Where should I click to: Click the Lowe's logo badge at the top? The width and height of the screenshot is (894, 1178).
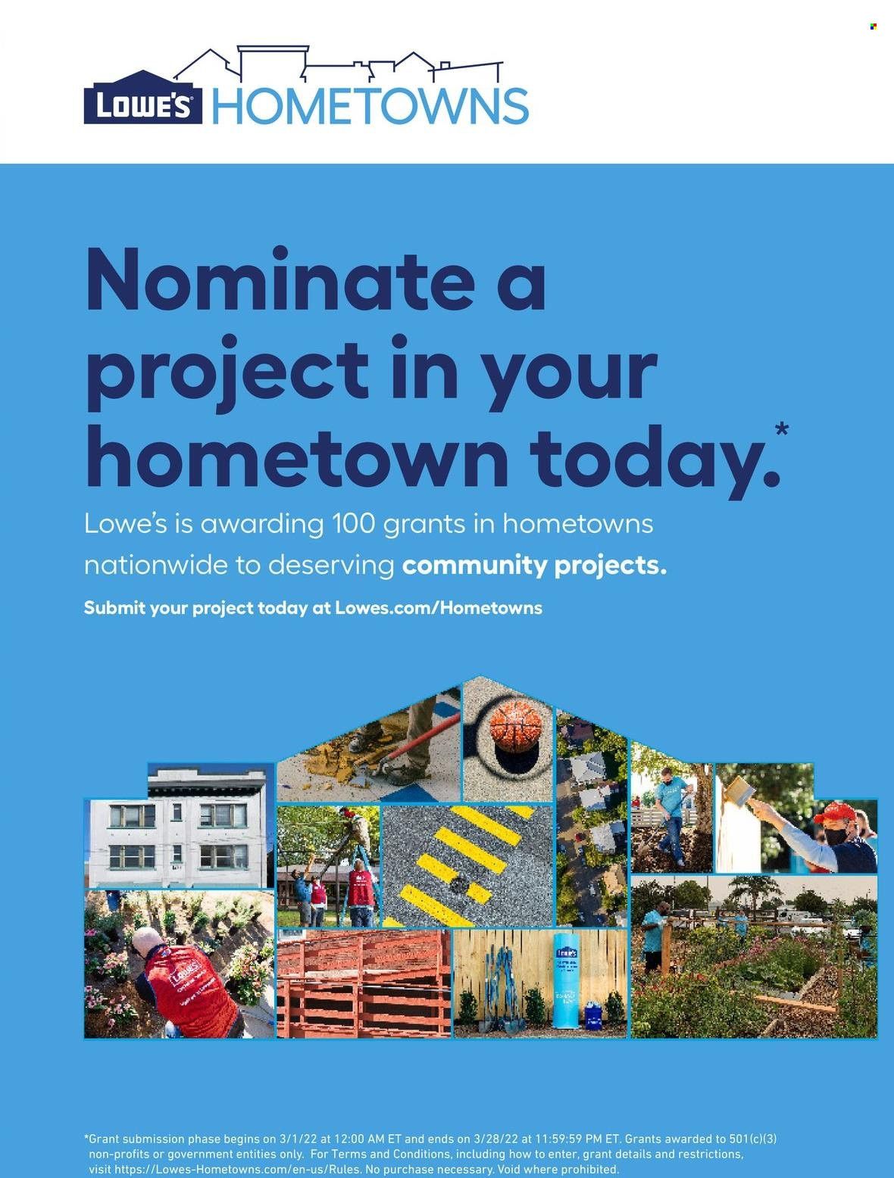[143, 98]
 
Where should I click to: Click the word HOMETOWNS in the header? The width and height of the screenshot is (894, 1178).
[370, 106]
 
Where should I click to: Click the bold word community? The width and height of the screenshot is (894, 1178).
[474, 565]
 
